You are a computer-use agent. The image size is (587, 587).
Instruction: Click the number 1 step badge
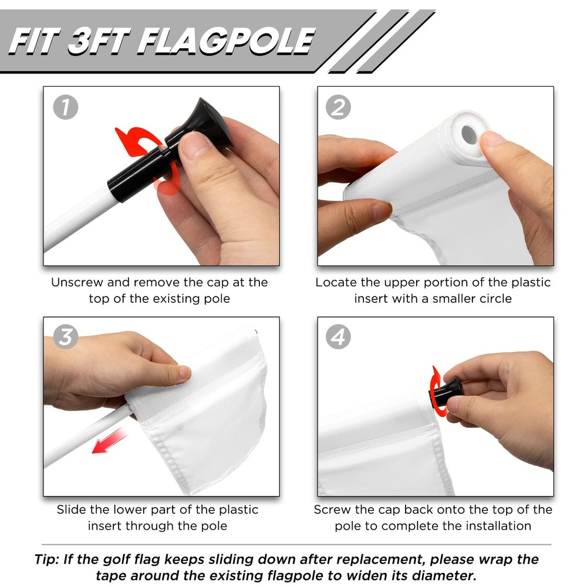click(66, 108)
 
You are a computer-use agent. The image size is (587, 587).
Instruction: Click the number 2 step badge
click(339, 108)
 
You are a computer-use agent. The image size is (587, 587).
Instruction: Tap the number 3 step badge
click(66, 336)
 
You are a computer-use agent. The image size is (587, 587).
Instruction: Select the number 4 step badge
click(339, 336)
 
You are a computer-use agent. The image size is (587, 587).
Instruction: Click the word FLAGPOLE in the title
click(227, 41)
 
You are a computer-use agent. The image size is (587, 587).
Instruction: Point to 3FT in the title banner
click(99, 41)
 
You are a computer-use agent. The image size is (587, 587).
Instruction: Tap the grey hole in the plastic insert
click(470, 134)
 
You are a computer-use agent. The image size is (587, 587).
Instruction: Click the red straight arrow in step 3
click(109, 441)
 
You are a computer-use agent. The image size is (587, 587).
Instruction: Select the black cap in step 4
click(447, 391)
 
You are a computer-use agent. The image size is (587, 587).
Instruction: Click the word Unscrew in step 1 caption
click(77, 282)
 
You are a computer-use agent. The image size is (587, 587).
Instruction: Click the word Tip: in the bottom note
click(47, 559)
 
